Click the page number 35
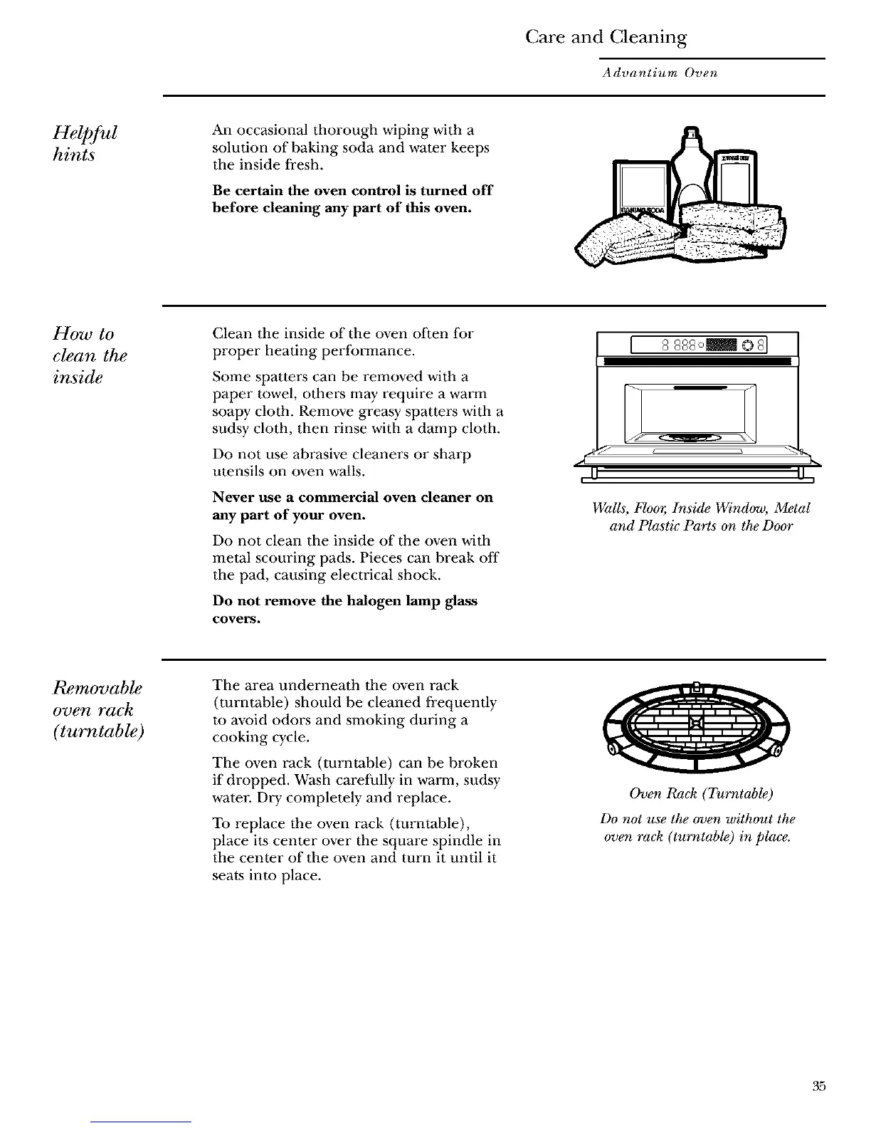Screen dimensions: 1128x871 point(818,1087)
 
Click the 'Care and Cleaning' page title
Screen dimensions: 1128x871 point(606,37)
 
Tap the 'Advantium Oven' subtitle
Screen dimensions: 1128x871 point(659,73)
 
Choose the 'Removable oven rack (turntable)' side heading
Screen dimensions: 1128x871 point(99,709)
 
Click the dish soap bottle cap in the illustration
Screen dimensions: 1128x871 point(690,133)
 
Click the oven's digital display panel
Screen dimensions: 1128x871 point(697,348)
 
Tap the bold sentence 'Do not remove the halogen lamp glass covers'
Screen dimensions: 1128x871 point(345,610)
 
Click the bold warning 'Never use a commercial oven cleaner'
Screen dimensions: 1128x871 point(353,506)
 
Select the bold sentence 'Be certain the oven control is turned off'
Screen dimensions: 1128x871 point(352,199)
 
